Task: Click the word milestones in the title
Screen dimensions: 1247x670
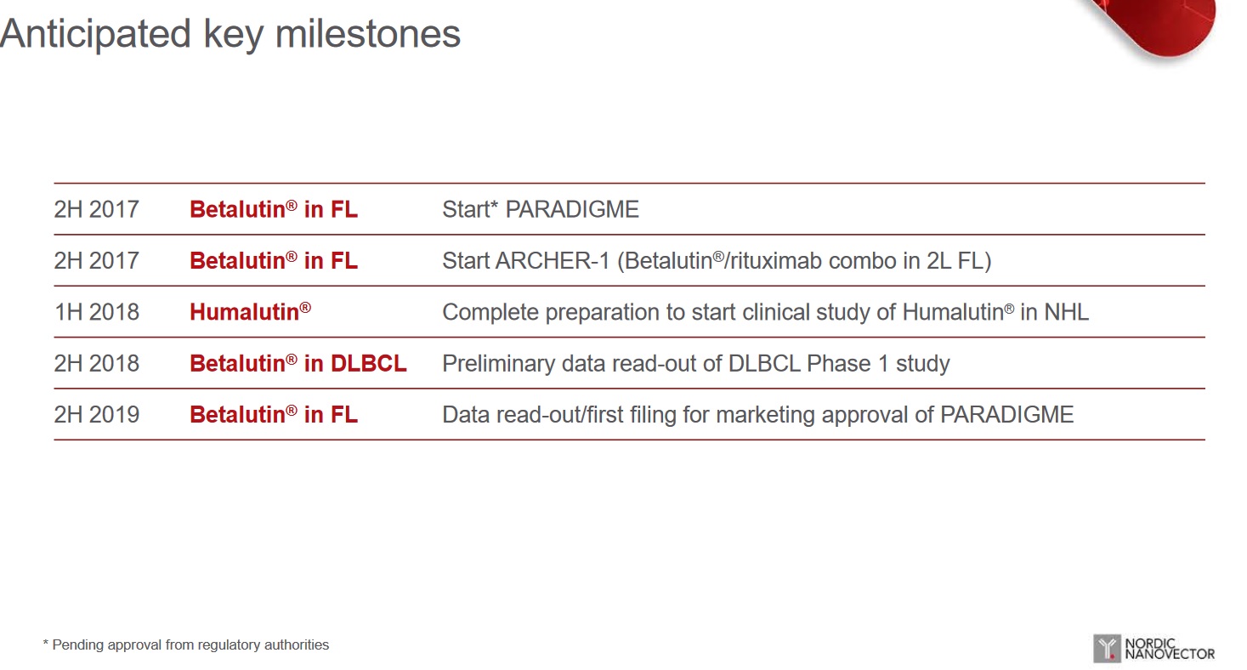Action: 368,33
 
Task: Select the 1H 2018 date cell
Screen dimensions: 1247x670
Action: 97,312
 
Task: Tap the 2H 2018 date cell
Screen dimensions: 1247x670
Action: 97,363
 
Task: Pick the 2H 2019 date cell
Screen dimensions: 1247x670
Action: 97,414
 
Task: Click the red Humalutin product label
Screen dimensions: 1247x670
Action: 251,312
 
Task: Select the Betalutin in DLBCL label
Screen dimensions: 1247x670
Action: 298,363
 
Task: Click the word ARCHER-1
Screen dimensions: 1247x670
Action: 553,261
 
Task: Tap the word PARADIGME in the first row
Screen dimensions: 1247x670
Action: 572,209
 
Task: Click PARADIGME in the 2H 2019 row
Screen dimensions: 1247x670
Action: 1007,414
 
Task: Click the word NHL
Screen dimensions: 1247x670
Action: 1066,312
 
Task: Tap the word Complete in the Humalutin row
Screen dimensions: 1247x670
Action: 490,312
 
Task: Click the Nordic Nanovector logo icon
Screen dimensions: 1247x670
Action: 1107,648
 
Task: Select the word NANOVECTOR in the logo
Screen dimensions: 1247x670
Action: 1170,654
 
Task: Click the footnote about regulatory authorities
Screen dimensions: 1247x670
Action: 186,645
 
